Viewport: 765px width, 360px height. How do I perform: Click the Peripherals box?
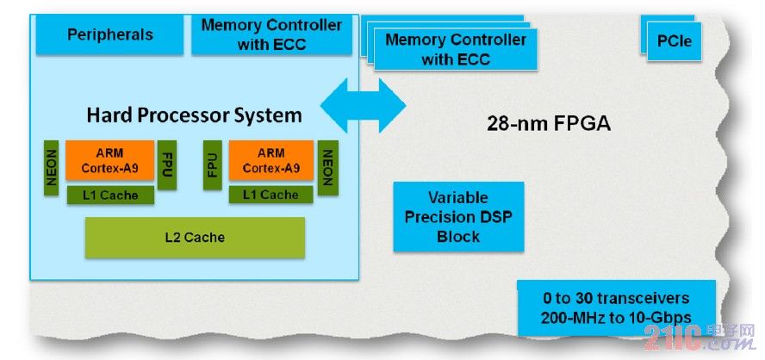click(109, 34)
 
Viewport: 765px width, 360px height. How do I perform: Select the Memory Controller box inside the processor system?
click(271, 34)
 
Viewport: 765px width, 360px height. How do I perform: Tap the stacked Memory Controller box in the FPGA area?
click(455, 50)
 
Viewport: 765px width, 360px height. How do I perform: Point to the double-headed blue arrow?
click(362, 105)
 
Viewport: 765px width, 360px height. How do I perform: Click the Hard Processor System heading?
click(194, 115)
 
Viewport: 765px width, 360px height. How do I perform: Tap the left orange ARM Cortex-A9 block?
click(109, 161)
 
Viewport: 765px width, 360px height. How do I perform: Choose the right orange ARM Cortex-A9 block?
click(271, 161)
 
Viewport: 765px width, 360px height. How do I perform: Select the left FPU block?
click(167, 164)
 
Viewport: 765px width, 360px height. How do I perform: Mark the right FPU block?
click(213, 164)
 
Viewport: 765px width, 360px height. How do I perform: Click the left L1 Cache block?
click(109, 196)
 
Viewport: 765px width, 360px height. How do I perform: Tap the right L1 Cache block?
click(271, 196)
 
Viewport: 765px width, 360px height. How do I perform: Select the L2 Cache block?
click(195, 237)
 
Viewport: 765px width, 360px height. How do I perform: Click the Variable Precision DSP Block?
click(458, 216)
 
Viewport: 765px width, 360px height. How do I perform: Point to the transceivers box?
click(616, 307)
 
